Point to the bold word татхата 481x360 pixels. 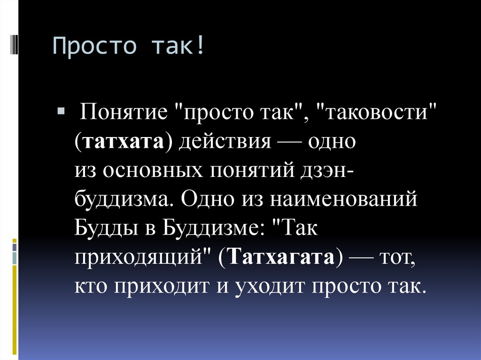124,142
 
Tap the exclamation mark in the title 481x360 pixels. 201,47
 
